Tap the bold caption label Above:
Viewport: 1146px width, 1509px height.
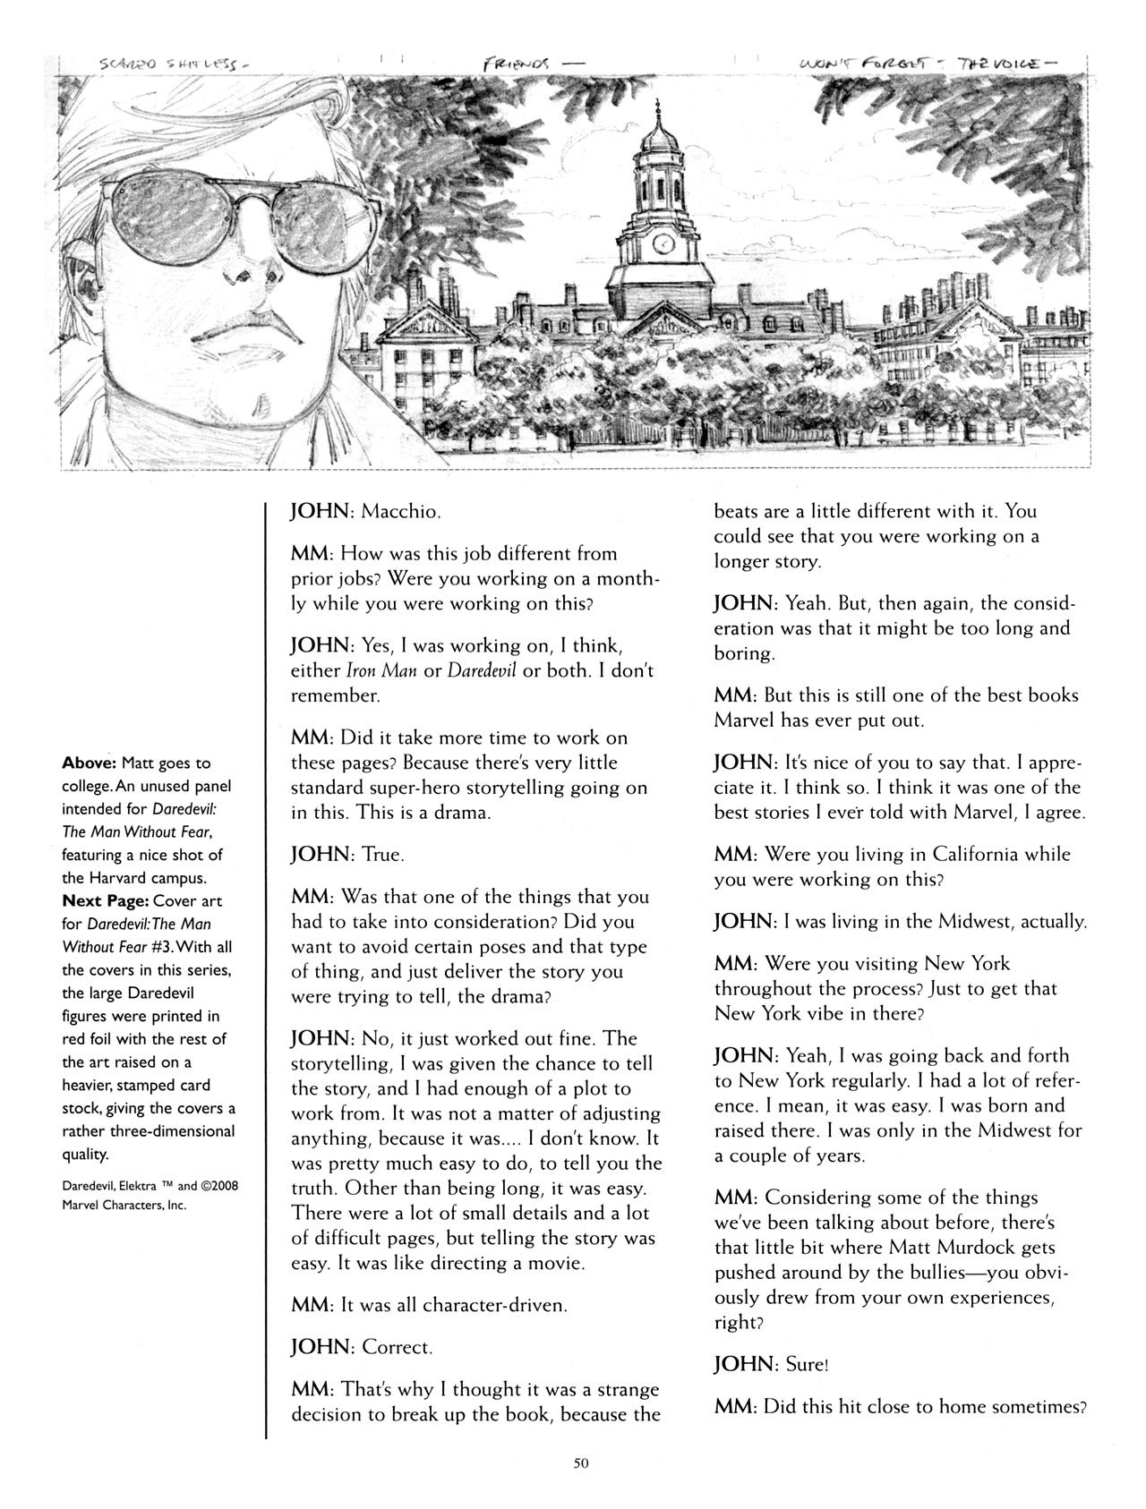tap(91, 763)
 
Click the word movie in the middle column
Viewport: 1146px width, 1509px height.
tap(555, 1263)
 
